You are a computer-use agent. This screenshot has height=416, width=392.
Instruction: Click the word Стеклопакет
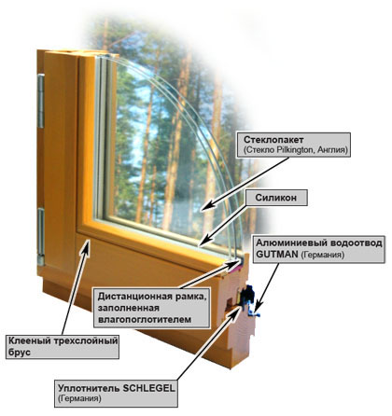(x=273, y=140)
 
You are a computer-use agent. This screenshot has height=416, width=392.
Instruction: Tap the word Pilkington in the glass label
(x=292, y=150)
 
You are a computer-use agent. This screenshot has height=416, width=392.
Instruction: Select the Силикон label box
(x=276, y=198)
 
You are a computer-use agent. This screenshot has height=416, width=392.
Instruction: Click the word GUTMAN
(x=277, y=255)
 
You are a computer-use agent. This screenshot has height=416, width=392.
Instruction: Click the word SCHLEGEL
(x=149, y=388)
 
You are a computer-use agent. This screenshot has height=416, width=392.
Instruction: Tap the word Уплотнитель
(x=90, y=389)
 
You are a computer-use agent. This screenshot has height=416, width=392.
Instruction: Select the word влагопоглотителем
(x=145, y=319)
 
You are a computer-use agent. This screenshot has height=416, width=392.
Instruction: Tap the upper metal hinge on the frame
(x=41, y=101)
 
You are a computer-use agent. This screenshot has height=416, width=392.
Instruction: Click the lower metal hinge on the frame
(x=41, y=237)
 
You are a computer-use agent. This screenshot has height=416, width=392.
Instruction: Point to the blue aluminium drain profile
(x=254, y=313)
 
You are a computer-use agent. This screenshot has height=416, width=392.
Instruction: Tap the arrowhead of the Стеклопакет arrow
(x=207, y=205)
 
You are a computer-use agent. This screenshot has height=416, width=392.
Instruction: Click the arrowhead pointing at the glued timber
(x=87, y=244)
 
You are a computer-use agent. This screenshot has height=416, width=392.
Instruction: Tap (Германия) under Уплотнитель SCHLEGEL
(x=79, y=398)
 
